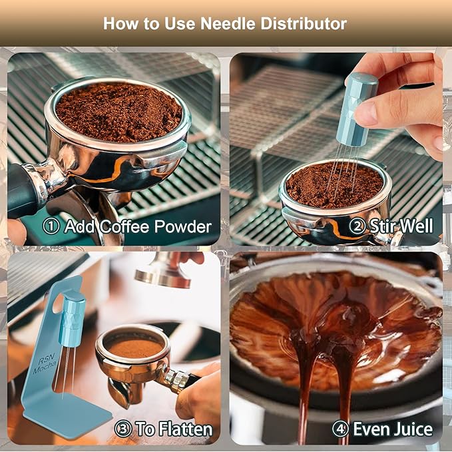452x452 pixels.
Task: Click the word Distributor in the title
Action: tap(304, 23)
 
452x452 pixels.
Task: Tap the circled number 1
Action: tap(51, 226)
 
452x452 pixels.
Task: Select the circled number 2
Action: tap(357, 226)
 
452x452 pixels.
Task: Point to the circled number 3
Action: tap(123, 429)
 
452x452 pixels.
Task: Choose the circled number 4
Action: tap(340, 429)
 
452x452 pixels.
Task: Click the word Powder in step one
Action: tap(183, 226)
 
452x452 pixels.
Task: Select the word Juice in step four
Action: tap(411, 429)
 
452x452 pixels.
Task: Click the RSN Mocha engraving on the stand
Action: tap(45, 363)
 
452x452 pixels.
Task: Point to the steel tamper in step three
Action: tap(164, 270)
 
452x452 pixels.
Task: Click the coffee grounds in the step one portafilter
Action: tap(118, 112)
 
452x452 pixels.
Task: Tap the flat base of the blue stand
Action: tap(67, 415)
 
